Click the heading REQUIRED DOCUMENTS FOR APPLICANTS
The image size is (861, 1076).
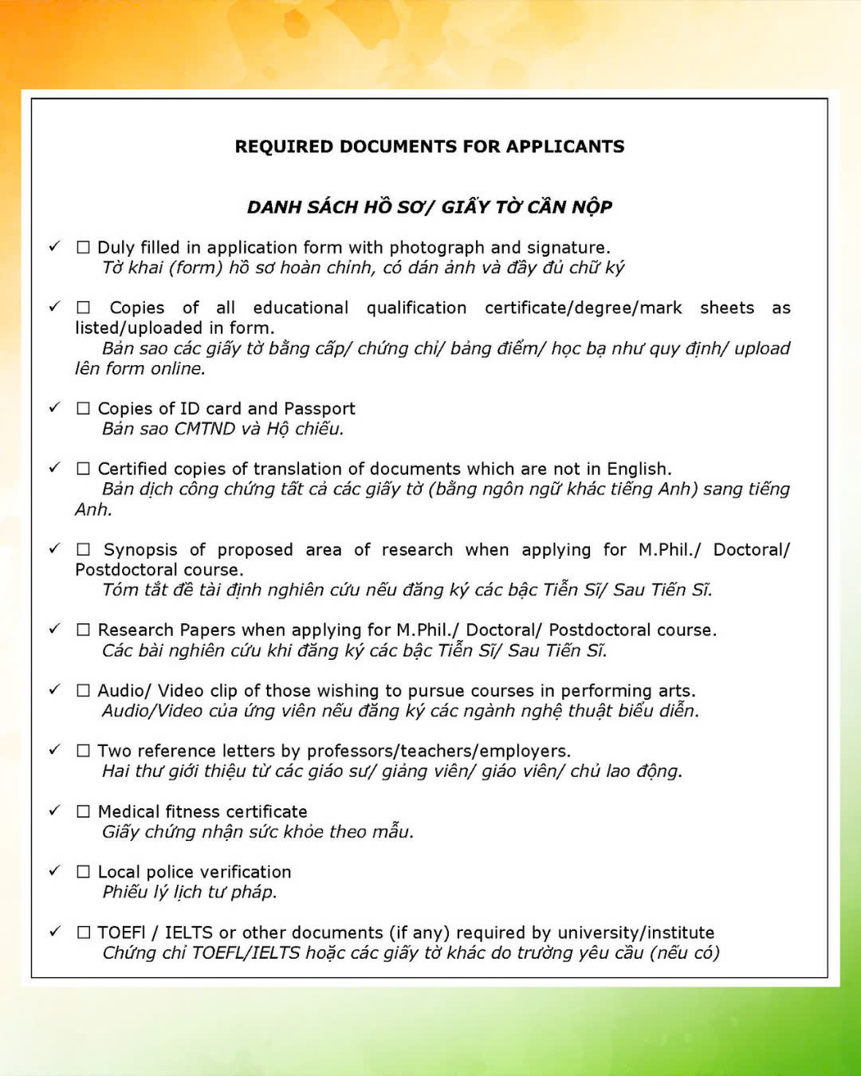click(430, 147)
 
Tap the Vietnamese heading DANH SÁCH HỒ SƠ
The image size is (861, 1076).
click(430, 207)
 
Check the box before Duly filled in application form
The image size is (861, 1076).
click(83, 248)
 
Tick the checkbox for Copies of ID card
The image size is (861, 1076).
click(83, 408)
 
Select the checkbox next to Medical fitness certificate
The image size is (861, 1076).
click(83, 811)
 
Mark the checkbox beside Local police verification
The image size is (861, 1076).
click(83, 872)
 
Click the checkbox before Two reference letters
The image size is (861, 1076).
click(83, 751)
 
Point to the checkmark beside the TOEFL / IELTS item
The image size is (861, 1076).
click(54, 931)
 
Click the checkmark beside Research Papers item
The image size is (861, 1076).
click(54, 628)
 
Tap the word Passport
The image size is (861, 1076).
click(319, 409)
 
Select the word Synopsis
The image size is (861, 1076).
click(140, 550)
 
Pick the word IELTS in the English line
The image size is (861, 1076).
click(188, 933)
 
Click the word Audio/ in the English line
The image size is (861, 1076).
click(124, 691)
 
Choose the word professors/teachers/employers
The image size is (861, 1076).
click(438, 752)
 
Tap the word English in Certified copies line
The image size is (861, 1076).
click(638, 469)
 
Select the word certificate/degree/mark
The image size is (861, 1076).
click(584, 308)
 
